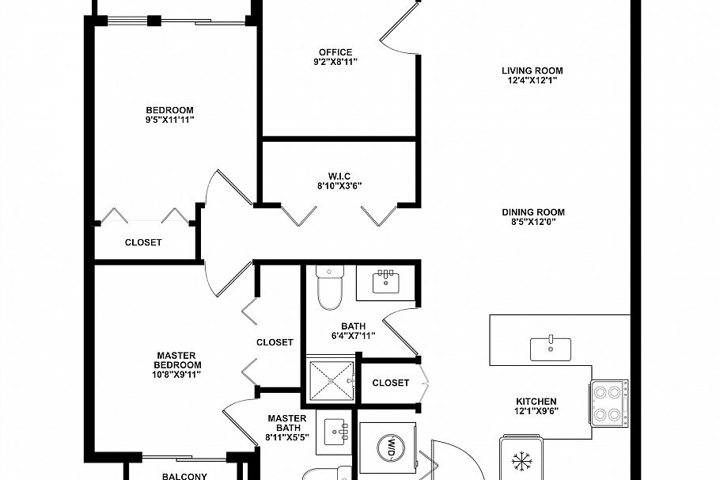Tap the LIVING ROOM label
pos(532,70)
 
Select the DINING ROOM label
pos(532,212)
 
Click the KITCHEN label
pos(536,402)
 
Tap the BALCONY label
pos(184,476)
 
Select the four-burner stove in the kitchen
pos(608,403)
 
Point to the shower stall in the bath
pos(332,382)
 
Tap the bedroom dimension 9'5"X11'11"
pos(169,120)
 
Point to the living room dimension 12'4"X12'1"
pos(532,80)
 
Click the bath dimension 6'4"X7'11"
pos(352,335)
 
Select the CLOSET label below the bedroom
pos(143,242)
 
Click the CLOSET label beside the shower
pos(391,383)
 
